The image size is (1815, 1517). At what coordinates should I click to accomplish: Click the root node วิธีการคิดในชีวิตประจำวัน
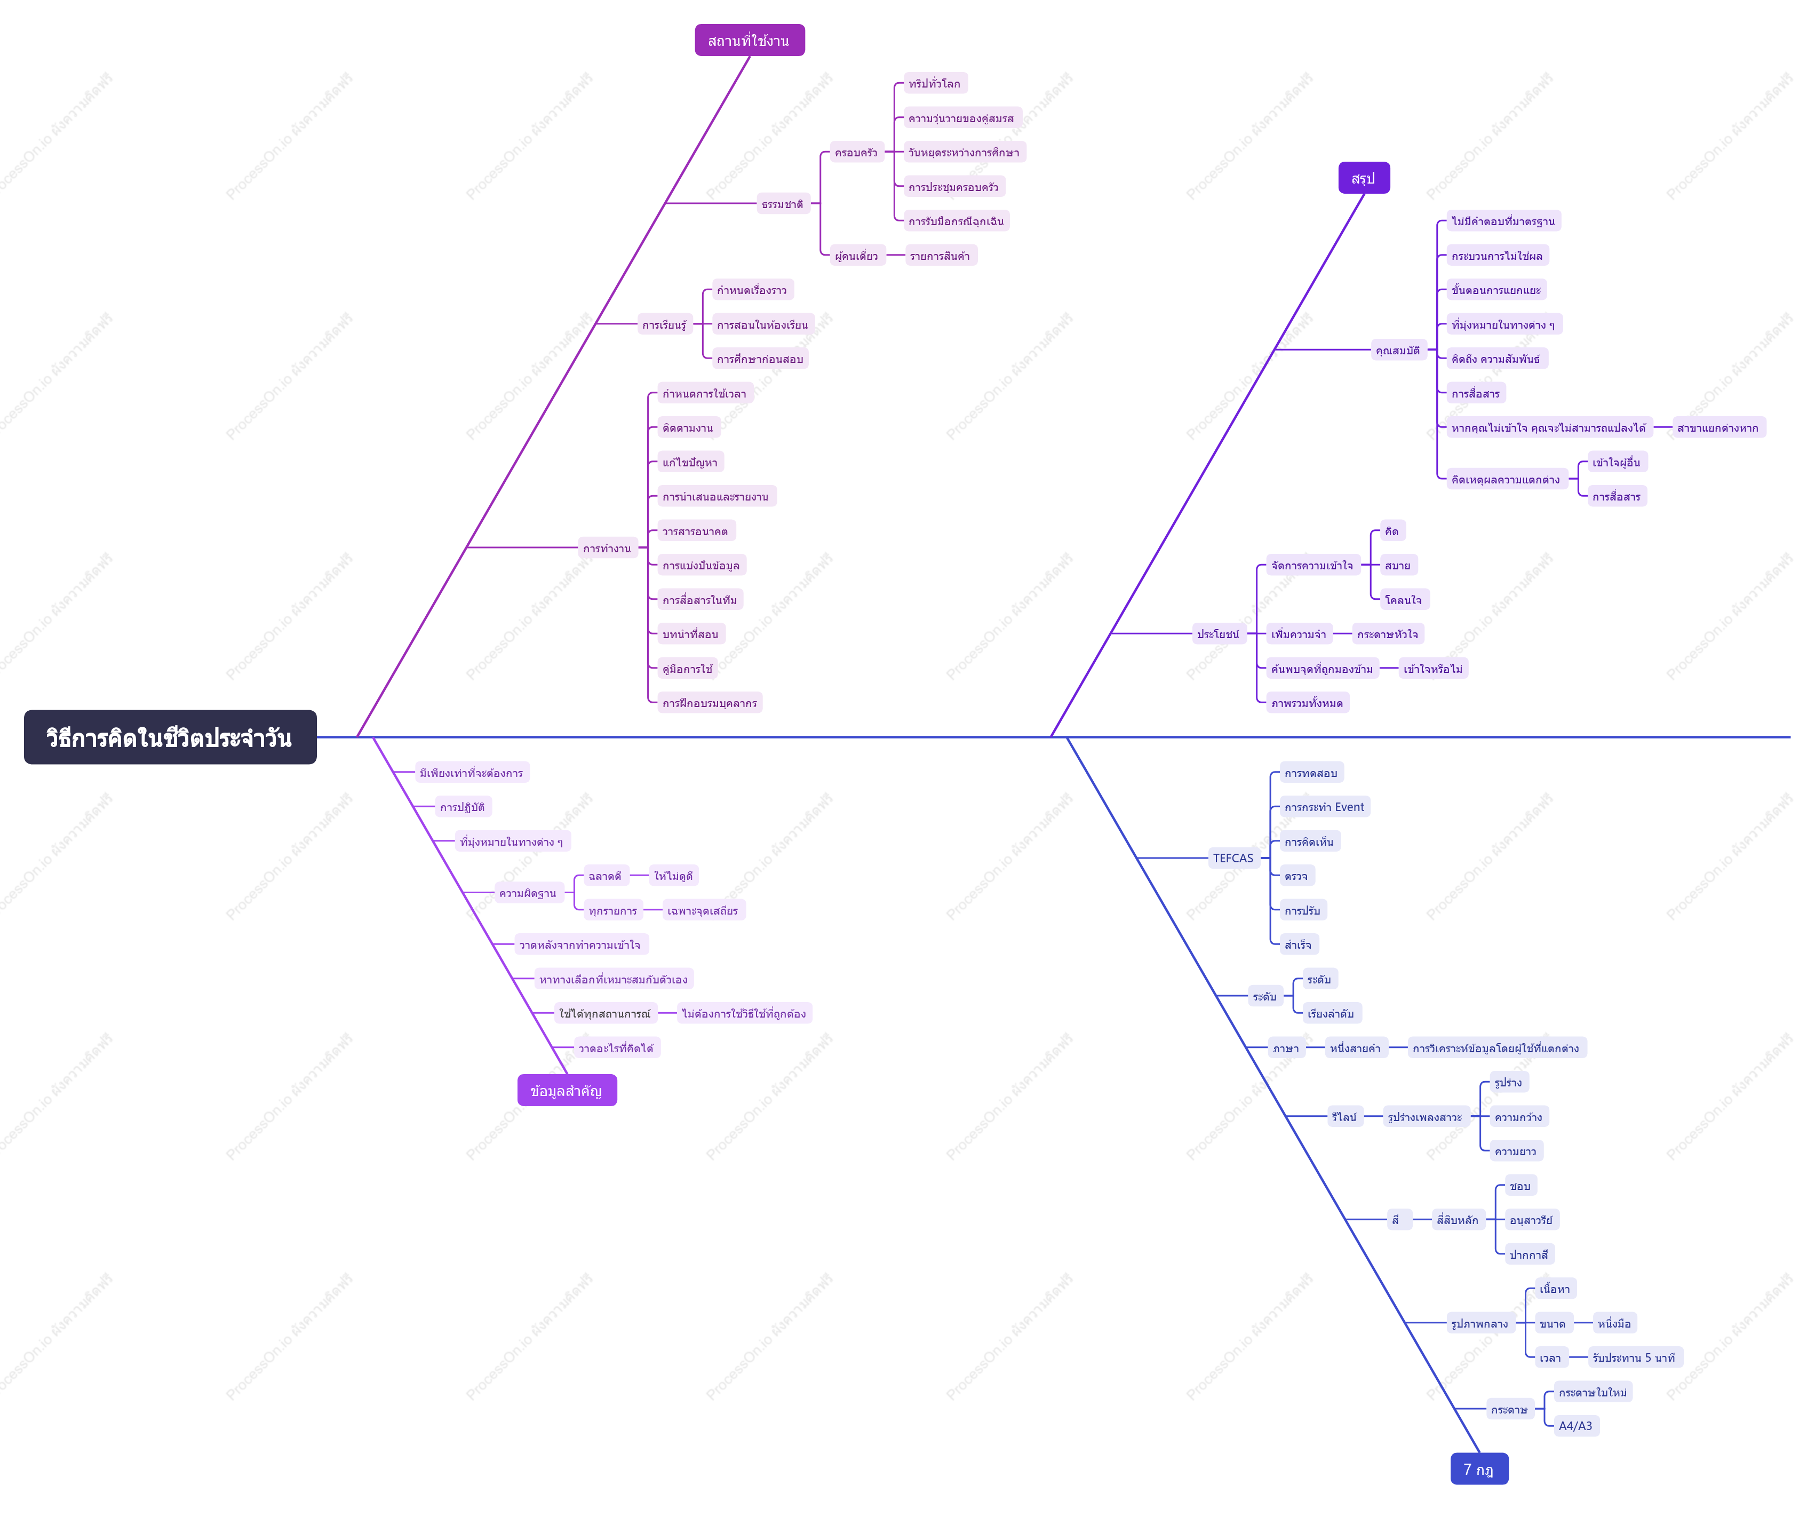click(x=170, y=737)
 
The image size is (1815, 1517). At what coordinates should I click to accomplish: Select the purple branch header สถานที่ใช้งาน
click(x=750, y=41)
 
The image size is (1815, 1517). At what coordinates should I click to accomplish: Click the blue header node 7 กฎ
click(x=1479, y=1468)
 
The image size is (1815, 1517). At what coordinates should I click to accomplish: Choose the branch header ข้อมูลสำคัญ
click(x=567, y=1090)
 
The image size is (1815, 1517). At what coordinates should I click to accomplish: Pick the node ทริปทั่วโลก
click(x=935, y=84)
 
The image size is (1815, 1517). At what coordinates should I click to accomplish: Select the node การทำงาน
click(x=608, y=548)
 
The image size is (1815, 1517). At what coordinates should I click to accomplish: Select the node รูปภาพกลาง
click(x=1479, y=1323)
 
